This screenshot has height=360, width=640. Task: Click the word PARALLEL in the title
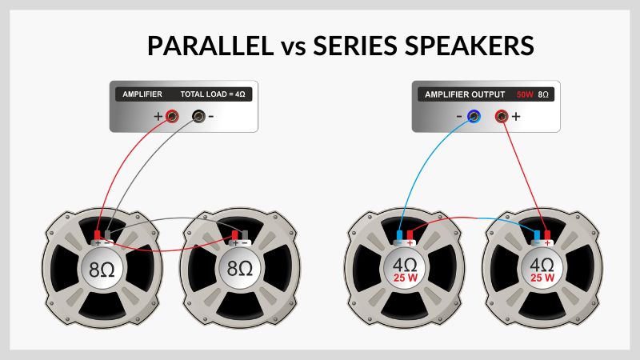point(209,46)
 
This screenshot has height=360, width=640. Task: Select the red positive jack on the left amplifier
point(172,117)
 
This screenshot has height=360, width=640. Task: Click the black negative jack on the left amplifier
point(198,117)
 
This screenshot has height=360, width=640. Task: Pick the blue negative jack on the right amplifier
point(474,117)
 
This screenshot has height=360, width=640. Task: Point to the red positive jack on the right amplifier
point(501,117)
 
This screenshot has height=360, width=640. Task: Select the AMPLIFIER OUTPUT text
point(459,94)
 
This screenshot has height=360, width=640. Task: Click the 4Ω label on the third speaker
point(404,265)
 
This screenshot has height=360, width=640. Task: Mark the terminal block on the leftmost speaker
point(103,238)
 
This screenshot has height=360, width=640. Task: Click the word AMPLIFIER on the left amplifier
point(142,94)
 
